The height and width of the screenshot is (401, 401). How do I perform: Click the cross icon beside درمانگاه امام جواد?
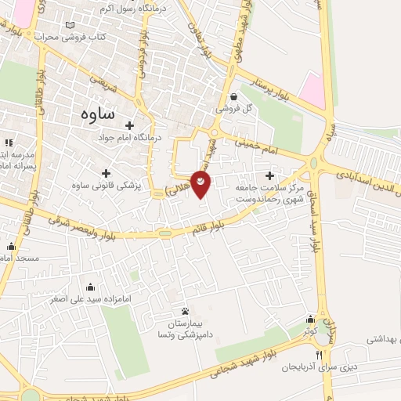(x=129, y=125)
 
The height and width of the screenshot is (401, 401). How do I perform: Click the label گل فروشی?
(x=236, y=109)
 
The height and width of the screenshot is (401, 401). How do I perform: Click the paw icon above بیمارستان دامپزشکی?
(x=185, y=312)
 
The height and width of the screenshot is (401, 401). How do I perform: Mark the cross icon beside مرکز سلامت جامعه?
(x=271, y=175)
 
